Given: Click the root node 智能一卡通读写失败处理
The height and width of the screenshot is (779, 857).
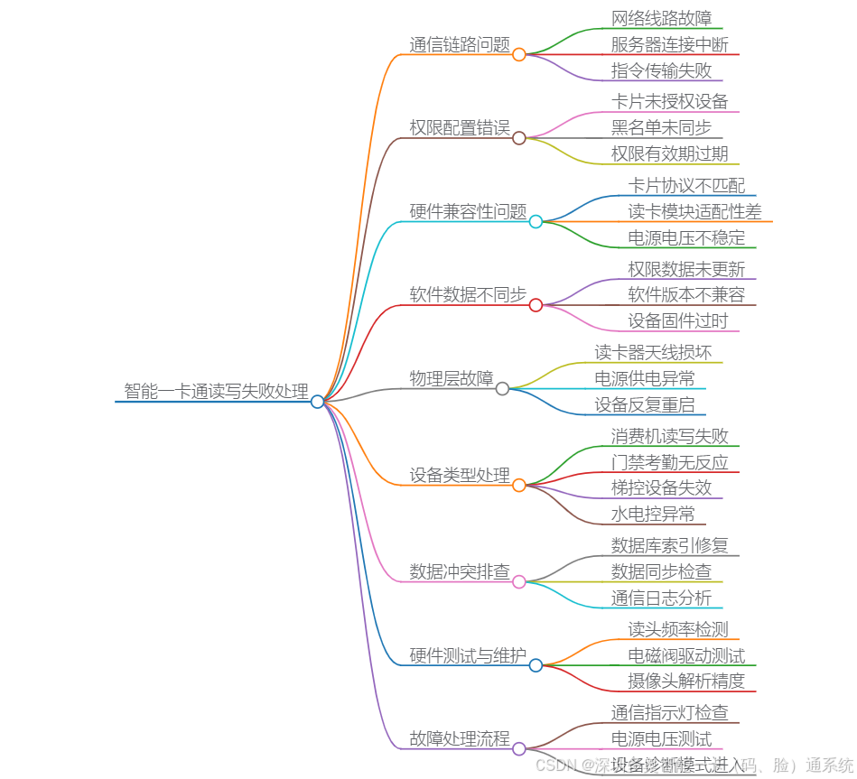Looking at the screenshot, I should pos(216,391).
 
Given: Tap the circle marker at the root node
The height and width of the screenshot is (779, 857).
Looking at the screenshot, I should pos(317,402).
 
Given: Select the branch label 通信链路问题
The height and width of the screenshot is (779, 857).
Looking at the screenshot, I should pos(460,44).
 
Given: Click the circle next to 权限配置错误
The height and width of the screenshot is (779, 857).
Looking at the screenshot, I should pos(519,138).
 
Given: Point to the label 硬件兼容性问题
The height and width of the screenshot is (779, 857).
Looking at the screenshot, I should pos(468,211).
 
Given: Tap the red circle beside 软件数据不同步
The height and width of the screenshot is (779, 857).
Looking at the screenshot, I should pos(536,305).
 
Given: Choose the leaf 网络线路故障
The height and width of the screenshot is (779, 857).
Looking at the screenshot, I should pos(661,18).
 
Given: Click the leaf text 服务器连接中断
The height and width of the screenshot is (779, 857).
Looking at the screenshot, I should pos(669,44).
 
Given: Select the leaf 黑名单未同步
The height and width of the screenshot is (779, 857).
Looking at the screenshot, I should pos(661,127).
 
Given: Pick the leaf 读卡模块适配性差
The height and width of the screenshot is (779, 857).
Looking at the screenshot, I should pos(694,211).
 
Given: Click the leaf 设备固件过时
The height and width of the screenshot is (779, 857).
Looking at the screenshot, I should pos(677,320).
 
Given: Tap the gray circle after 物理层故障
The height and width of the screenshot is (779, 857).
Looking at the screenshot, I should pos(502,388).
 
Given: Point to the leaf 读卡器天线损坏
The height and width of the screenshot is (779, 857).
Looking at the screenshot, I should pos(652,352).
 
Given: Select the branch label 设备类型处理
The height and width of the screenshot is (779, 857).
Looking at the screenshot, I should pos(460,475).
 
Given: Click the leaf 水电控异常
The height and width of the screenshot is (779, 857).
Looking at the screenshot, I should pos(652,514).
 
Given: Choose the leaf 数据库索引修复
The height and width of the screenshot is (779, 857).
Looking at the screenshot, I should pos(669,544).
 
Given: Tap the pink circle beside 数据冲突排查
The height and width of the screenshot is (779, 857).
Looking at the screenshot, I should pos(519,582).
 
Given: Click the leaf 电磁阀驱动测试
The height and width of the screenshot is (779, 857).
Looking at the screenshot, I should pos(686,655).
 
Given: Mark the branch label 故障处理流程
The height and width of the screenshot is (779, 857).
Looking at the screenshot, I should pos(460,738).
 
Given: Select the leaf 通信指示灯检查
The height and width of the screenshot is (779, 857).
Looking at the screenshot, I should pos(669,712).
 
